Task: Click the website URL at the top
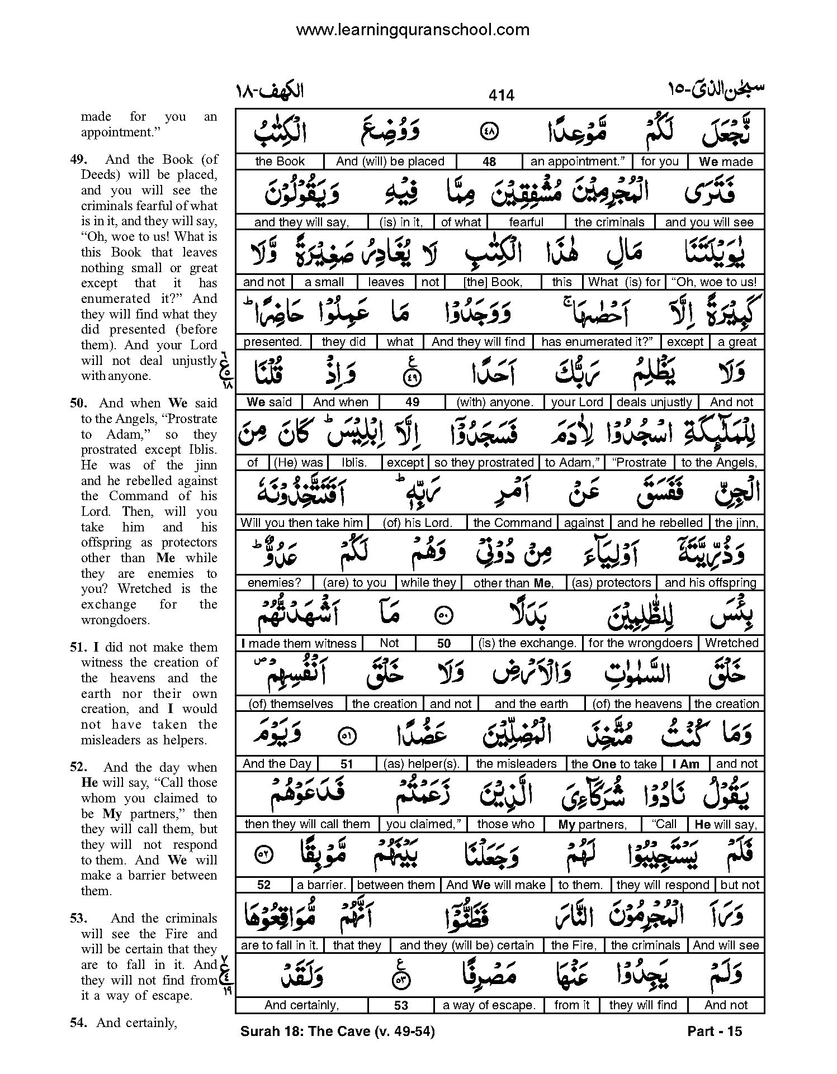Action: [x=413, y=30]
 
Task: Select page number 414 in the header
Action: [x=501, y=96]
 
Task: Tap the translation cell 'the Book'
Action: [x=280, y=161]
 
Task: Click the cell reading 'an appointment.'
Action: [x=578, y=161]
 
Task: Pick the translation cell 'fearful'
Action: [x=526, y=222]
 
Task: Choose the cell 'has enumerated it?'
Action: [x=597, y=342]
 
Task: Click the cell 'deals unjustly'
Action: [x=654, y=402]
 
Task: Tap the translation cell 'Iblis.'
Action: [x=354, y=463]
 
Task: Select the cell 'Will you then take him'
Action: [x=302, y=523]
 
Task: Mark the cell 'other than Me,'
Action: [x=513, y=583]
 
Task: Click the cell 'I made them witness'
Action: [x=299, y=643]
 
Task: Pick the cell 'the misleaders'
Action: [x=516, y=764]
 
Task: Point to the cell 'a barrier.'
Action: [x=321, y=885]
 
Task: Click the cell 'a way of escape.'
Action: [x=489, y=1005]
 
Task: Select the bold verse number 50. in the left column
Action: [x=81, y=403]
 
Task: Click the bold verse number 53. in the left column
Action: [x=81, y=918]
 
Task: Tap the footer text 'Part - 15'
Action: [x=715, y=1032]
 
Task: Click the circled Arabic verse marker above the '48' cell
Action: [x=489, y=133]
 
